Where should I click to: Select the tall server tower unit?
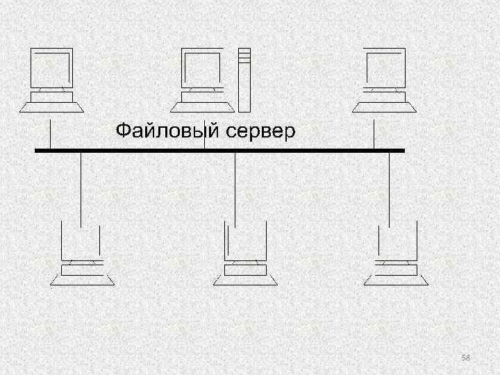244,80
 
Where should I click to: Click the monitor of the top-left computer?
51,68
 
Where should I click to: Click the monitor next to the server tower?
201,68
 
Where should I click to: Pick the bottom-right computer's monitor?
395,241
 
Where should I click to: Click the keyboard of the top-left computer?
52,106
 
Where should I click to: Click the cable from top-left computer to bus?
50,134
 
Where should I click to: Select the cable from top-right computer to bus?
374,134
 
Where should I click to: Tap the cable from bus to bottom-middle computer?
235,187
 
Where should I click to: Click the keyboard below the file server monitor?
201,106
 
